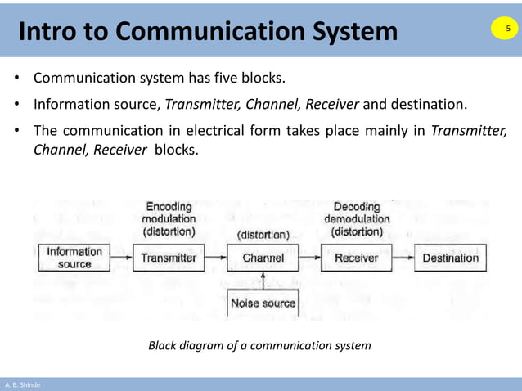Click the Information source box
(74, 258)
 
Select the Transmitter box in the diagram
(169, 258)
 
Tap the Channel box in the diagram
(263, 258)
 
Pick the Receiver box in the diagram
(357, 258)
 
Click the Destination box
(450, 258)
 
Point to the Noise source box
(263, 303)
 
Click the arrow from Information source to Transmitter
(121, 258)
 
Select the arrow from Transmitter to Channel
(215, 258)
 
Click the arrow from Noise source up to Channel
(263, 281)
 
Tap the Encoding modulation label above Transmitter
(169, 219)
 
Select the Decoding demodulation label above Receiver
(357, 219)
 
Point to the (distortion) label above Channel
(263, 235)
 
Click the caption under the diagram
(259, 346)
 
